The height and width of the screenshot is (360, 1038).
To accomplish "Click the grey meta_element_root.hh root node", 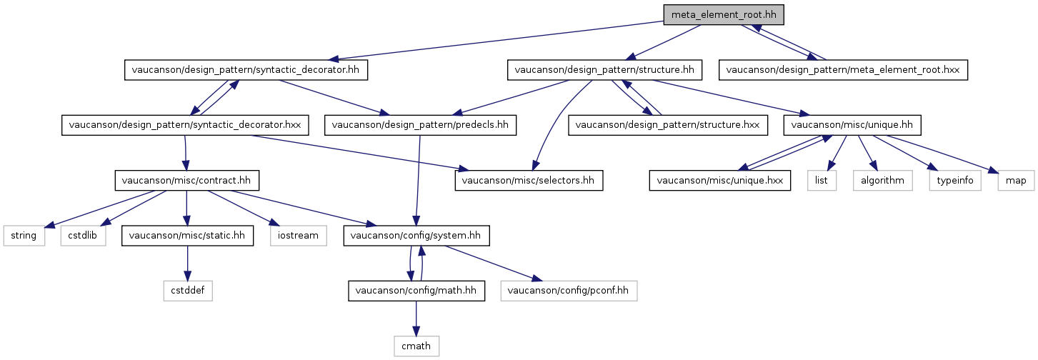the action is tap(724, 15).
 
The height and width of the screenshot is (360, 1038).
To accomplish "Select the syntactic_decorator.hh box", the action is tap(246, 70).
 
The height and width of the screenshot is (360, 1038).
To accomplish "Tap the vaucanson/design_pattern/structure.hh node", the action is tap(604, 70).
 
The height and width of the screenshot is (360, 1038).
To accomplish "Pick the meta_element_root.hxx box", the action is tap(843, 70).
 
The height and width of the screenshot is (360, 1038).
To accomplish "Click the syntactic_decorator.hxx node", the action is tap(185, 125).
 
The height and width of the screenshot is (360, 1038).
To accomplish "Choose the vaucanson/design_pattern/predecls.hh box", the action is tap(420, 125).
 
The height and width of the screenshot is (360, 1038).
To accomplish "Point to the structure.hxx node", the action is tap(668, 125).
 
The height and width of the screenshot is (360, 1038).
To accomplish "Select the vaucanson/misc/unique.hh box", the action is tap(852, 125).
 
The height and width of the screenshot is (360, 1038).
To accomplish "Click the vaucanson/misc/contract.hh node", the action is tap(186, 180).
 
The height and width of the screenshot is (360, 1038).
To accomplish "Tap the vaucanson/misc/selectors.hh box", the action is tap(529, 180).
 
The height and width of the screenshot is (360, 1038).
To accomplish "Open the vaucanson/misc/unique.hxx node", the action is tap(719, 180).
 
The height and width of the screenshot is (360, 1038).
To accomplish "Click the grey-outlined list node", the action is tap(822, 180).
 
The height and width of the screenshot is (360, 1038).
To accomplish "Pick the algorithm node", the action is tap(882, 180).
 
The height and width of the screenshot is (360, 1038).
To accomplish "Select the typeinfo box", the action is tap(954, 180).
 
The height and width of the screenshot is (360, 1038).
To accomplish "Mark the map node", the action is tap(1016, 180).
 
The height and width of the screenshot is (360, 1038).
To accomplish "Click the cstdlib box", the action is tap(83, 236).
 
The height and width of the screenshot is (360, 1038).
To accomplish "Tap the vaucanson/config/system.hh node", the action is tap(416, 236).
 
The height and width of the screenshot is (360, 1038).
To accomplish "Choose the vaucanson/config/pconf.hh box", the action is tap(569, 291).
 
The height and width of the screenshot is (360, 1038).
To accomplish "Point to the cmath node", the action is tap(416, 346).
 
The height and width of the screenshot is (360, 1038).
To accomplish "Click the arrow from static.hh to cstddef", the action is tap(188, 263).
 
